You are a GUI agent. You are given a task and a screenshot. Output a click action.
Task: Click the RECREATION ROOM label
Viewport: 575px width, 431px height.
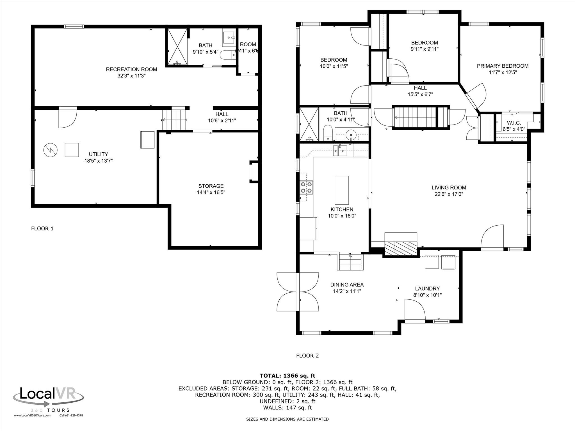131,69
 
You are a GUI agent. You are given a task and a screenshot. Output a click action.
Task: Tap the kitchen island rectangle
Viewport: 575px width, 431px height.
342,190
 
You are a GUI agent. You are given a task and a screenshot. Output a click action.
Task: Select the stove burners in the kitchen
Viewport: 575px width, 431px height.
306,187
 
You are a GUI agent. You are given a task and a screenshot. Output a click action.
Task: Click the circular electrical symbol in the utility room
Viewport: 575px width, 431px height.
51,150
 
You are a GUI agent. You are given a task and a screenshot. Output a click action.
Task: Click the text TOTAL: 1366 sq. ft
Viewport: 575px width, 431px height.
287,376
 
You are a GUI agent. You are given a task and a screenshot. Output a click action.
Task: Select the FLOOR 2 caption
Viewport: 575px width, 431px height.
307,356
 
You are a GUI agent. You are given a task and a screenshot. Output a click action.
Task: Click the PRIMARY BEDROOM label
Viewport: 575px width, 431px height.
503,66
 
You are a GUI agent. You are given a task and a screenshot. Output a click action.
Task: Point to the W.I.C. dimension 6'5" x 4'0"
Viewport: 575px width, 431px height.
514,129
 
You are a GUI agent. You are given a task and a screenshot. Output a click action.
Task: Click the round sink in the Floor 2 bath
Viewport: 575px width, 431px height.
351,135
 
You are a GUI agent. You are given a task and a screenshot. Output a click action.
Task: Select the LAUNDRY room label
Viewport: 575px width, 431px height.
427,288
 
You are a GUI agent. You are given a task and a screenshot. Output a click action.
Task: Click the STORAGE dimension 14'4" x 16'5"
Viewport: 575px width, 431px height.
211,192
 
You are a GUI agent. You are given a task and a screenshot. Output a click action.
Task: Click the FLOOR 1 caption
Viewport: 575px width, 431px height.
42,228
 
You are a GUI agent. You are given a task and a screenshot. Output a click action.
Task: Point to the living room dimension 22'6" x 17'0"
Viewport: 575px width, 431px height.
449,194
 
